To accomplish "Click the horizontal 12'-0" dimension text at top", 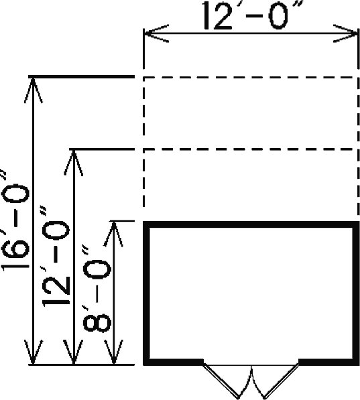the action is [249, 15].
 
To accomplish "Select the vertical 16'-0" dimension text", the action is [16, 220].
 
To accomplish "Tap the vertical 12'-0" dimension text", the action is [56, 255].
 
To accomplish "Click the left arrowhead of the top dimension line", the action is [156, 34].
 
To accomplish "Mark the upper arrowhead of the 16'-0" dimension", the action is [33, 90].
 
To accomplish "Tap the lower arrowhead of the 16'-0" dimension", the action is [33, 352].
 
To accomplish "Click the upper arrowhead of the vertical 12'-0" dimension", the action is [74, 163].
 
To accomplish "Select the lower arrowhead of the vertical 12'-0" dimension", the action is [74, 352].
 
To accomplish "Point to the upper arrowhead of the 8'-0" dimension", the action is [114, 235].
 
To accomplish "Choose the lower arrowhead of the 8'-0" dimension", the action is [114, 352].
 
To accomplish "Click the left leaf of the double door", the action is [221, 381].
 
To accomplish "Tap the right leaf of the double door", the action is [282, 381].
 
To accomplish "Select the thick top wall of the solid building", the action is [251, 224].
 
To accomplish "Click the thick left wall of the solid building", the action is [146, 293].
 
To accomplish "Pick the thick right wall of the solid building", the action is [356, 293].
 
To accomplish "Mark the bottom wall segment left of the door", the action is [173, 362].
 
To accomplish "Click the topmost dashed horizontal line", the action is [251, 77].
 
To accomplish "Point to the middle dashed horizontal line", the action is [251, 149].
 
